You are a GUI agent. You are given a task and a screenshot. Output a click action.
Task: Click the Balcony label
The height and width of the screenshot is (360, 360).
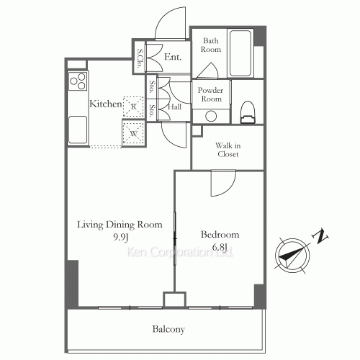tap(168, 330)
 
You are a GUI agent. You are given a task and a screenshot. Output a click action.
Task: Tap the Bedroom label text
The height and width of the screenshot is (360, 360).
tap(214, 235)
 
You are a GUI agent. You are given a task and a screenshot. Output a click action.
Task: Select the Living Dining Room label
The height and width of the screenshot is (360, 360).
tap(115, 222)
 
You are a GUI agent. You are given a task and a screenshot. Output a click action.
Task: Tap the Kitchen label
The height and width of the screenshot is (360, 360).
tap(104, 104)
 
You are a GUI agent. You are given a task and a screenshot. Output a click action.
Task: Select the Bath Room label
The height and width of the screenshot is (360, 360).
tap(211, 46)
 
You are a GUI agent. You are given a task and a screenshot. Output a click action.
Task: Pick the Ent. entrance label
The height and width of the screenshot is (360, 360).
tap(172, 57)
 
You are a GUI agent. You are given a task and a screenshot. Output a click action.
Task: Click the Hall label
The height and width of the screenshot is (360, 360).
tap(174, 107)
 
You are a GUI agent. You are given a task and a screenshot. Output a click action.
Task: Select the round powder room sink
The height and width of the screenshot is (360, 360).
tap(211, 116)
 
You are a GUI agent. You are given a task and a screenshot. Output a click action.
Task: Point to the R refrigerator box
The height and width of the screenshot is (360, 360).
tap(132, 106)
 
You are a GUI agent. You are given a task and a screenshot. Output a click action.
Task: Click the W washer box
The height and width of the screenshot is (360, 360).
tap(132, 132)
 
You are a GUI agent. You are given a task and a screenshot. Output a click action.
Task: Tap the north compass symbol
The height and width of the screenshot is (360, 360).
tap(292, 253)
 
